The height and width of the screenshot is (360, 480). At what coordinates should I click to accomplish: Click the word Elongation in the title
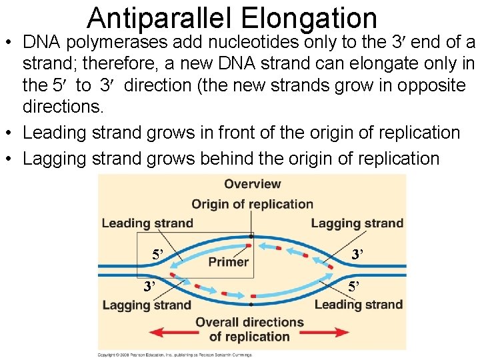tap(325, 18)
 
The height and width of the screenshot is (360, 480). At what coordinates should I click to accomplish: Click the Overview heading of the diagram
tap(252, 184)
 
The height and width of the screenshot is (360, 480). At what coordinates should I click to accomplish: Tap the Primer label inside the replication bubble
tap(228, 262)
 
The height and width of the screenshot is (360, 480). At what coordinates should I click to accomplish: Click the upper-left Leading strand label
tap(147, 223)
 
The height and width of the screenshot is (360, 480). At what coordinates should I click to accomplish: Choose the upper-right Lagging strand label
tap(357, 223)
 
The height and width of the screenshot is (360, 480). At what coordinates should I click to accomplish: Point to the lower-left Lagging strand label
tap(146, 305)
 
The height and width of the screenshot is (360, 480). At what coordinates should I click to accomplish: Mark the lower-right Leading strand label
tap(358, 305)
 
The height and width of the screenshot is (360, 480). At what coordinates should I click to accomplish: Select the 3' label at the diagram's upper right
tap(357, 254)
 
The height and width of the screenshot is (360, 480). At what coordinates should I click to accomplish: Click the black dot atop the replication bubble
tap(251, 236)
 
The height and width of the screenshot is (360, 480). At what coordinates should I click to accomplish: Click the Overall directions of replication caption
tap(249, 329)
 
